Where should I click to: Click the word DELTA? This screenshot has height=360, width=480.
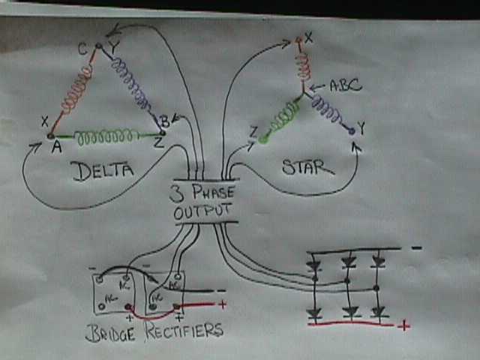click(x=103, y=172)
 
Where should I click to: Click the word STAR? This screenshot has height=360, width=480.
click(x=307, y=166)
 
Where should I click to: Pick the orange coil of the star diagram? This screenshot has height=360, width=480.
click(x=302, y=66)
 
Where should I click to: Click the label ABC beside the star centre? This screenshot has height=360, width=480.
click(x=346, y=85)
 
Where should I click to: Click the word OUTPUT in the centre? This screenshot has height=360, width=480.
click(x=203, y=212)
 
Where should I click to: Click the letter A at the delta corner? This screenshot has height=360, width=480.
click(x=55, y=147)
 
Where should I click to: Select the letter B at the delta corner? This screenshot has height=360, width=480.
click(x=164, y=121)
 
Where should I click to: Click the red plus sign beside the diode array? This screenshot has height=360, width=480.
click(x=403, y=325)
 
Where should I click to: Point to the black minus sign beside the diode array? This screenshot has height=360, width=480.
click(x=416, y=248)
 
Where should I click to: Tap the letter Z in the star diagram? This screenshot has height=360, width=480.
click(x=254, y=133)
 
